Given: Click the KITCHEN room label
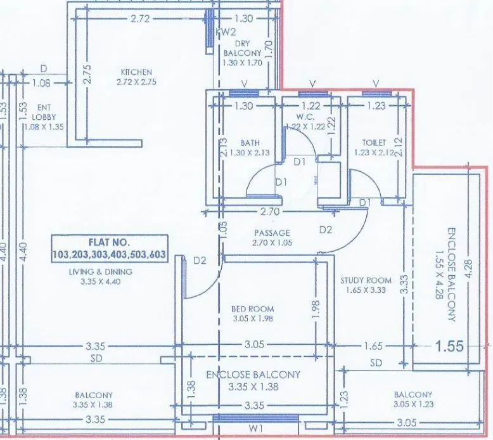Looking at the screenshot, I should click(136, 72).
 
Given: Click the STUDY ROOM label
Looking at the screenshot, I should click(365, 280).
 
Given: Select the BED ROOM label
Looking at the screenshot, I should click(253, 309).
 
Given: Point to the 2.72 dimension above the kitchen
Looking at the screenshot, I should click(139, 19).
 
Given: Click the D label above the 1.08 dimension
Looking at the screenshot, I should click(43, 68).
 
